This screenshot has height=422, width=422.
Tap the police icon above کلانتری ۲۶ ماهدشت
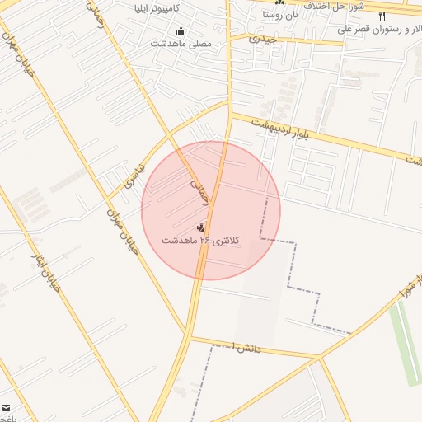[x=200, y=227]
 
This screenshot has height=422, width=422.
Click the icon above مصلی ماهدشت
[x=181, y=32]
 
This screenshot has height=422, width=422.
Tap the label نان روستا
[x=280, y=14]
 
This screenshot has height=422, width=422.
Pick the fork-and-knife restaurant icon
[x=382, y=16]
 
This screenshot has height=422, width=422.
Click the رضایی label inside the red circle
[x=200, y=193]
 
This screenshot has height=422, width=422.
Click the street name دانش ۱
[x=246, y=348]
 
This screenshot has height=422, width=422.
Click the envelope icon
[x=7, y=408]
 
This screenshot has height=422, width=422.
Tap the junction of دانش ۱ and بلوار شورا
[x=320, y=357]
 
